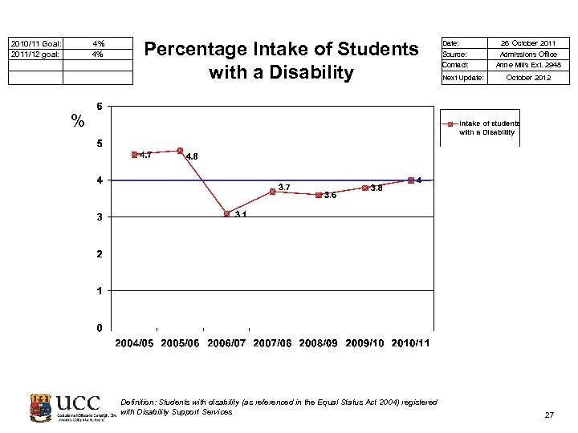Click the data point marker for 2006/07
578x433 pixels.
tap(227, 214)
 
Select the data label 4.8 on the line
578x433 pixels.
tap(192, 157)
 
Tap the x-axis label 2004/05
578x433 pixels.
tap(135, 343)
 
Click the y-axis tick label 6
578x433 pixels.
tap(99, 107)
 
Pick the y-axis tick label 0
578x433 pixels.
tap(99, 328)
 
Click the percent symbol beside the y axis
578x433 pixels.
tap(78, 122)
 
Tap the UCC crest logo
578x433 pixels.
tap(41, 407)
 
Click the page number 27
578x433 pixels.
tap(549, 415)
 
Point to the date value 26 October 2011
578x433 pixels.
tap(528, 42)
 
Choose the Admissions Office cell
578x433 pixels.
tap(528, 54)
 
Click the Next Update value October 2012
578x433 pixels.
tap(528, 78)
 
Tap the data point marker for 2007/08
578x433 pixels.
tap(273, 192)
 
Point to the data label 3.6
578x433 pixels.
tap(330, 195)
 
